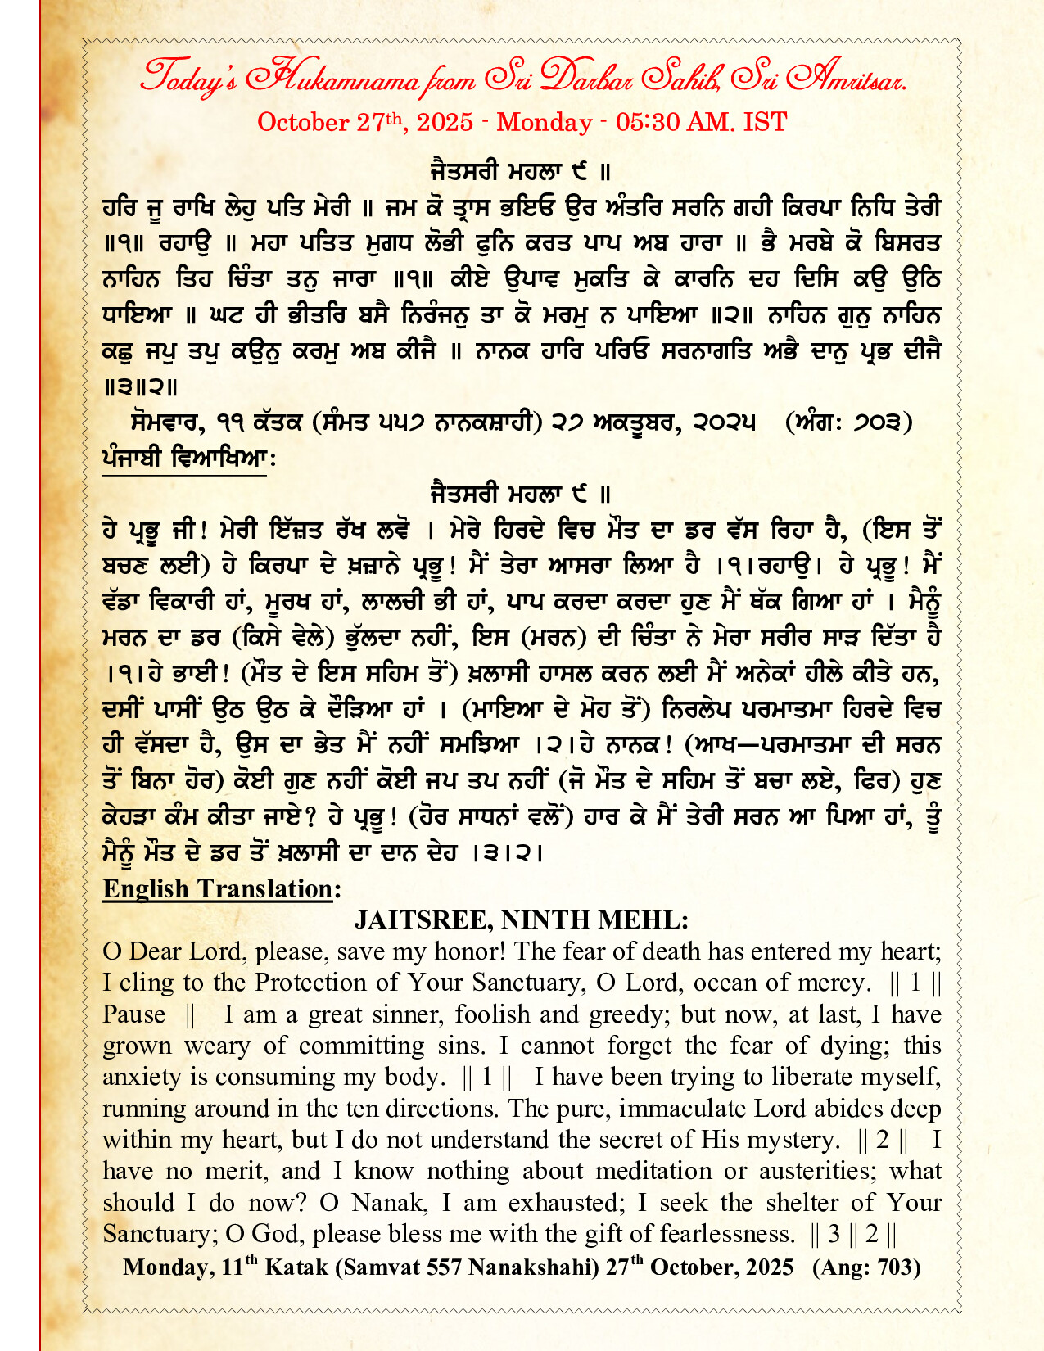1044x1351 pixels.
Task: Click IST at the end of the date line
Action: (765, 122)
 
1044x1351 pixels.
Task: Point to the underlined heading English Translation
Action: (218, 889)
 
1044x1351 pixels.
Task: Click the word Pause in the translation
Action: (134, 1014)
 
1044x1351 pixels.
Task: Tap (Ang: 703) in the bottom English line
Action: (866, 1267)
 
